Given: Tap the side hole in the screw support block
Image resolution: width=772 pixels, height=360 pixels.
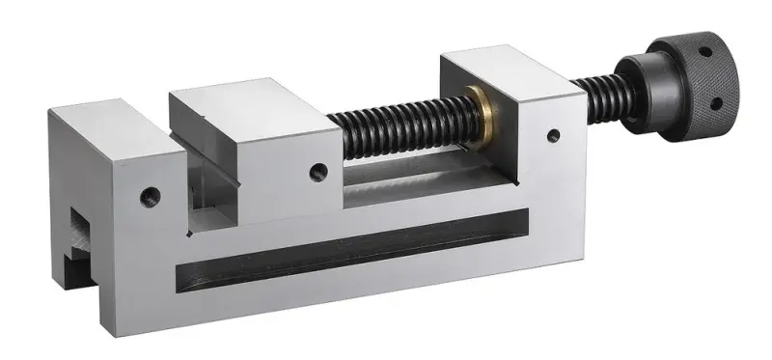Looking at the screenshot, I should click(x=553, y=136).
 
